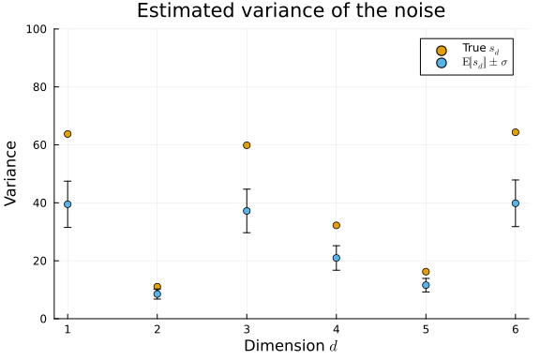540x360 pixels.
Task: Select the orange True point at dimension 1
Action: pyautogui.click(x=67, y=134)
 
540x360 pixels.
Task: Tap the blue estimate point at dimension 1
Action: pyautogui.click(x=67, y=204)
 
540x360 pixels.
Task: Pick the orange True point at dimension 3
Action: pyautogui.click(x=247, y=145)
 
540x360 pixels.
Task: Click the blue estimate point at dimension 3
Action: pyautogui.click(x=247, y=211)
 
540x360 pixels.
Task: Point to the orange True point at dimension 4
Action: pyautogui.click(x=336, y=226)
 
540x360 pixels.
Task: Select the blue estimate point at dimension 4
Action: pyautogui.click(x=336, y=258)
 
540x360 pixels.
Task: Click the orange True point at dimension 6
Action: pyautogui.click(x=516, y=132)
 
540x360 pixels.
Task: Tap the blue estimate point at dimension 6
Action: pyautogui.click(x=516, y=203)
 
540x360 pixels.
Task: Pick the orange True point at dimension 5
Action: pyautogui.click(x=426, y=272)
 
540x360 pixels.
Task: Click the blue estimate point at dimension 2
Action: pyautogui.click(x=157, y=294)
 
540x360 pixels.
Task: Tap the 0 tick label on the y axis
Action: pyautogui.click(x=45, y=319)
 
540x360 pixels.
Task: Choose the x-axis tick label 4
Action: pyautogui.click(x=336, y=330)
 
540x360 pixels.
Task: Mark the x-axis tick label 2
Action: pyautogui.click(x=157, y=330)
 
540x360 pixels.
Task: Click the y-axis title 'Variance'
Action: pyautogui.click(x=11, y=173)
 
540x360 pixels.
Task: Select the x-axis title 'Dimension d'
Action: pyautogui.click(x=291, y=347)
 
